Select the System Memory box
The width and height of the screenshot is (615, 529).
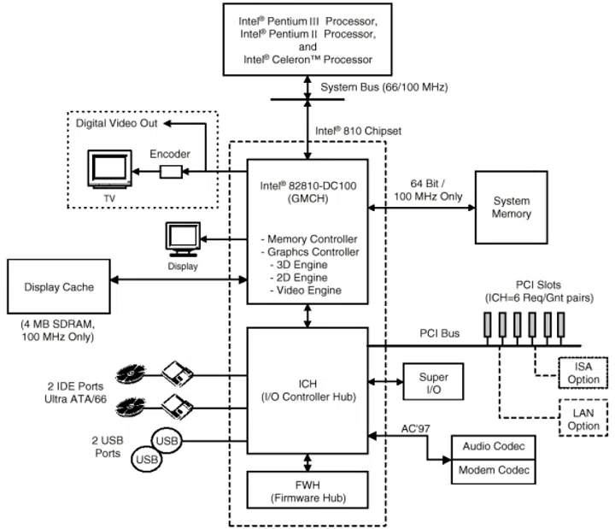coord(511,208)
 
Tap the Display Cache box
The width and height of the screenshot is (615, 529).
coord(59,287)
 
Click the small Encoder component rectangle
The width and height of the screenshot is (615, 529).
coord(171,172)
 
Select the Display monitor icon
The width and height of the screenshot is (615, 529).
coord(183,240)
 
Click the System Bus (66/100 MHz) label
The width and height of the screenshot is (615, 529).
coord(384,87)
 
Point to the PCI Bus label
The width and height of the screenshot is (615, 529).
coord(440,333)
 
